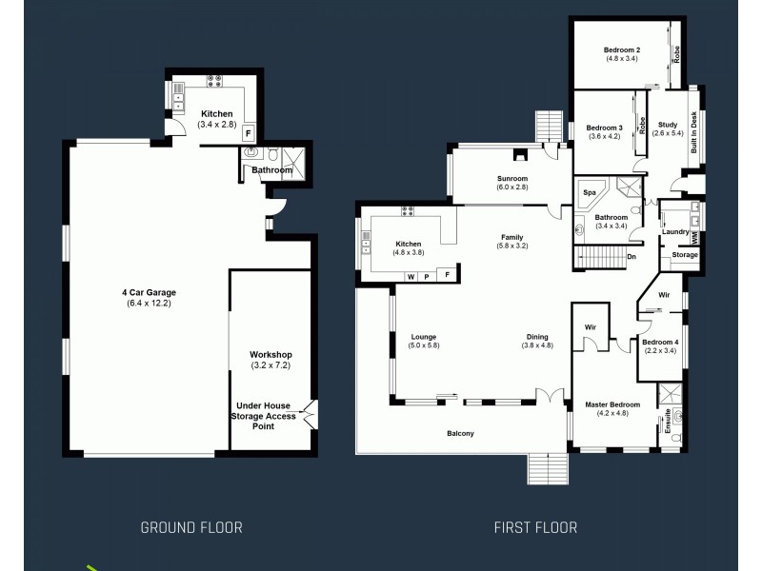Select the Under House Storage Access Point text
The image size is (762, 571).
pos(264,415)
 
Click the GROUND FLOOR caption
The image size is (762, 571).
pos(191,527)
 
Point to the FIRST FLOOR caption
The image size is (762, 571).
pos(535,527)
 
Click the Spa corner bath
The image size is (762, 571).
pos(591,192)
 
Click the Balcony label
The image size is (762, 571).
pos(460,434)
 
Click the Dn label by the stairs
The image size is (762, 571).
pos(631,256)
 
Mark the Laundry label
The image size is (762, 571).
pos(675,231)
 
